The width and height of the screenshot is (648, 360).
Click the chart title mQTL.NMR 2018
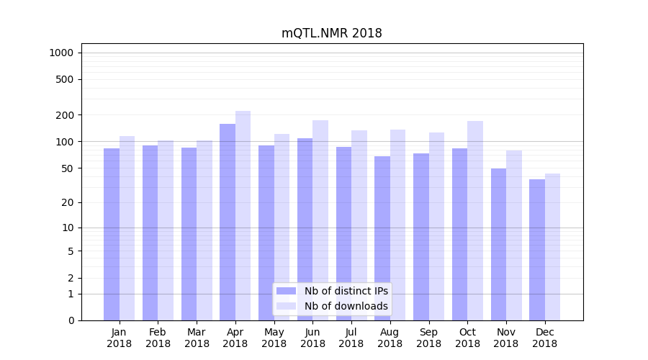click(331, 33)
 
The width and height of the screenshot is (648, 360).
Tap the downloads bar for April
click(243, 215)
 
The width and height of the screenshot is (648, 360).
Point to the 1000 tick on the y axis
click(61, 53)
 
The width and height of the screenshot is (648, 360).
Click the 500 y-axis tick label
click(64, 79)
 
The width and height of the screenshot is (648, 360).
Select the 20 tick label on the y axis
click(67, 202)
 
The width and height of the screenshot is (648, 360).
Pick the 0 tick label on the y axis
click(71, 320)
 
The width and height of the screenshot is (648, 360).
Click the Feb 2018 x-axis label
click(158, 338)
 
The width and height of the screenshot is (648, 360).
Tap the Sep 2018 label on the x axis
click(428, 338)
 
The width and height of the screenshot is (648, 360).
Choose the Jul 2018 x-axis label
click(351, 338)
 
